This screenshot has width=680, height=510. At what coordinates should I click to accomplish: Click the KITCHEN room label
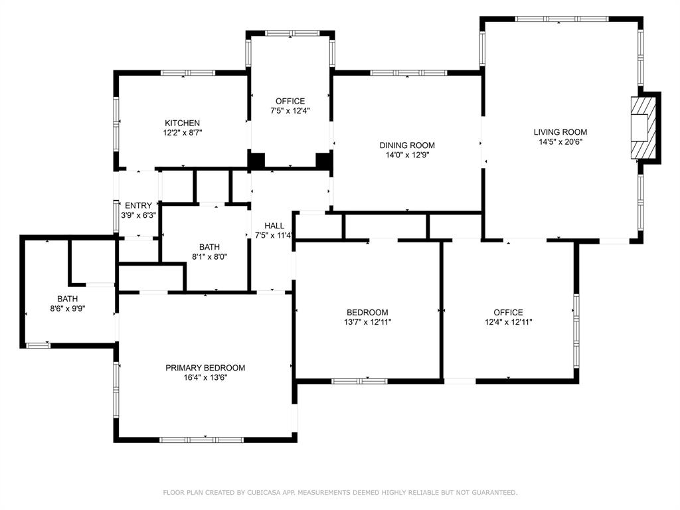pos(182,123)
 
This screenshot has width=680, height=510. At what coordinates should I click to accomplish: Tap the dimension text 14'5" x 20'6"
pos(560,141)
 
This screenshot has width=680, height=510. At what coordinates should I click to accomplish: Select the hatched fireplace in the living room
pos(642,128)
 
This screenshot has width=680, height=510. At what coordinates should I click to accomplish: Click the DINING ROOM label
pos(407,145)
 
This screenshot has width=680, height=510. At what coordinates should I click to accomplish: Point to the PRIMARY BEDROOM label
pos(205,368)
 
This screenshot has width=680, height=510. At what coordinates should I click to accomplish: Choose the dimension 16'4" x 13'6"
pos(205,378)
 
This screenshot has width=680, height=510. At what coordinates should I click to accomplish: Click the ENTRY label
pos(138,206)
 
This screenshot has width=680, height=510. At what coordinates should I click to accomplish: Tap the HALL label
pos(274,226)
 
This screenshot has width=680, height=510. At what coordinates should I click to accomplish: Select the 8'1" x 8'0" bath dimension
pos(209,257)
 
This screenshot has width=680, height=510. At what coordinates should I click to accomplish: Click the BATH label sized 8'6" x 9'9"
pos(67,299)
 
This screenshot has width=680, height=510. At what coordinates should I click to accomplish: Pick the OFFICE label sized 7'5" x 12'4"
pos(290,101)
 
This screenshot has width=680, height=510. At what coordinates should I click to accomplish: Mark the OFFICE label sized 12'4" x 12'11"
pos(508,312)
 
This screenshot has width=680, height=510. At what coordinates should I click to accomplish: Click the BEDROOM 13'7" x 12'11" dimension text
pos(367,322)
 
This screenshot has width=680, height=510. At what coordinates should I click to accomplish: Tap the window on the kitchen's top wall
pos(183,72)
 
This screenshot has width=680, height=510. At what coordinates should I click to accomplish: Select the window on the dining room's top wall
pos(408,72)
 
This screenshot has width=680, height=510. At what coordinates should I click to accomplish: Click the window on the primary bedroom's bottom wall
pos(201,439)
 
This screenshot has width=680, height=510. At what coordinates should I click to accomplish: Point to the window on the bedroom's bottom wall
pos(359,381)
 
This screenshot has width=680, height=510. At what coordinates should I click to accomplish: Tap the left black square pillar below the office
pos(256,160)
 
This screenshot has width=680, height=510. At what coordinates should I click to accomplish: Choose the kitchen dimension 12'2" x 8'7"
pos(182,133)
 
